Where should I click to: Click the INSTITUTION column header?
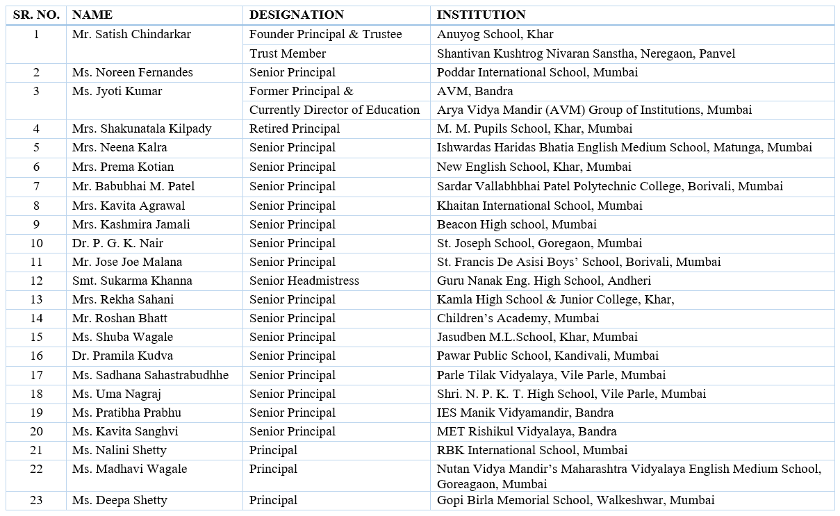coord(481,15)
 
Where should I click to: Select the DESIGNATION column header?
coord(296,15)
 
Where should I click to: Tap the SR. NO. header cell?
coord(36,15)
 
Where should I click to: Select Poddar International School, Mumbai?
coord(537,72)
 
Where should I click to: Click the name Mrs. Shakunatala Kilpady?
coord(142,128)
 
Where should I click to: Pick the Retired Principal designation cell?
coord(295,128)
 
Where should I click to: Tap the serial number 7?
coord(36,186)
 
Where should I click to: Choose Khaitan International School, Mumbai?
coord(539,206)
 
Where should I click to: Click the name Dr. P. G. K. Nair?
coord(117,243)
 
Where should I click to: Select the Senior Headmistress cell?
coord(304,281)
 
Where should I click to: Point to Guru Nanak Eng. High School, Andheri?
coord(543,281)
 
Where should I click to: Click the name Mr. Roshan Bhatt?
coord(120,318)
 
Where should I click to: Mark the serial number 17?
coord(36,375)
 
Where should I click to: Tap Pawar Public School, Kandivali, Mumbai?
coord(547,356)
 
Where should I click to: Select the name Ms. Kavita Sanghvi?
coord(125,431)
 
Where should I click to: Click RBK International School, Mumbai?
coord(532,450)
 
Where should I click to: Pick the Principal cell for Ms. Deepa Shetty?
coord(273,500)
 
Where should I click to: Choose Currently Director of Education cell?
coord(334,110)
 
